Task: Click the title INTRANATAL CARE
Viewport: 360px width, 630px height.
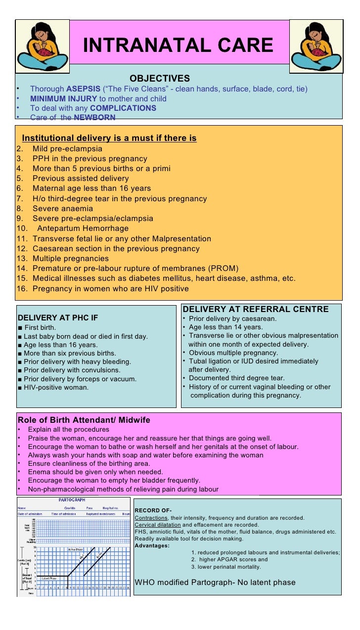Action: click(178, 45)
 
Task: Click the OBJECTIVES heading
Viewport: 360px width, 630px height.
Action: click(159, 79)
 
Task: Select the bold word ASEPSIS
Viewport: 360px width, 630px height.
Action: click(83, 89)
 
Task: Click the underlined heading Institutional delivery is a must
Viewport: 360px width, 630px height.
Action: click(109, 138)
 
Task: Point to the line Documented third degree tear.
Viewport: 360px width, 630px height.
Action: click(236, 378)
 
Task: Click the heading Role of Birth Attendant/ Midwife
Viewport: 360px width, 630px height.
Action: click(84, 420)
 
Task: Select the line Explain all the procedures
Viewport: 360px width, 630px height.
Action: click(68, 429)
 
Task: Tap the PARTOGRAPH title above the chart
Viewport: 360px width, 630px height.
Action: click(72, 500)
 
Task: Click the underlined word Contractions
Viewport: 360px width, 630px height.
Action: click(151, 518)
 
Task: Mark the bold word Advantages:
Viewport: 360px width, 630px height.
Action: click(152, 545)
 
